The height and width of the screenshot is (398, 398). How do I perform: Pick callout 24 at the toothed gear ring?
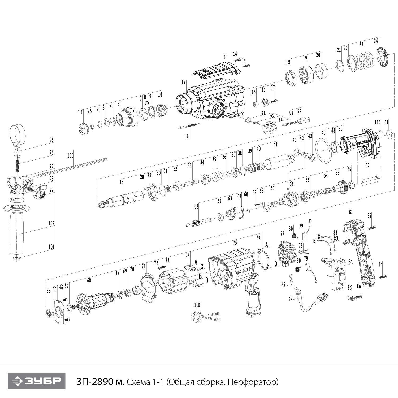pos(376,41)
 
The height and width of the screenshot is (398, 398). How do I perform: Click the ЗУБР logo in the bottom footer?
pos(37,381)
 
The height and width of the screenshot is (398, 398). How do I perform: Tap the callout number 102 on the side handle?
pos(51,223)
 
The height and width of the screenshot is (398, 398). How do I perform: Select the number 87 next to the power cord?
pos(291,298)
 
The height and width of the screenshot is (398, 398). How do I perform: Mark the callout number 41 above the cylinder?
pos(275,145)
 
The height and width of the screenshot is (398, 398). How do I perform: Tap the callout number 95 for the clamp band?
pos(51,140)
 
